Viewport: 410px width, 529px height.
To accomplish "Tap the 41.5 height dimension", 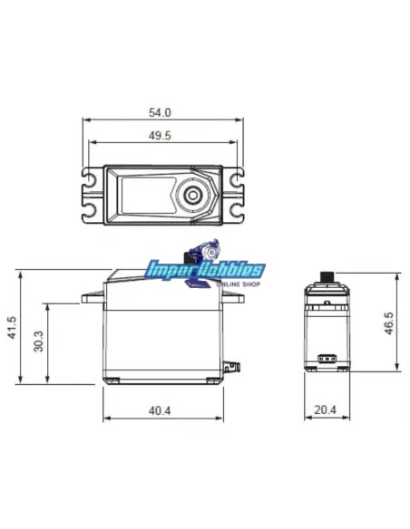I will click(12, 326).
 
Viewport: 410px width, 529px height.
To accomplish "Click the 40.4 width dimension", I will click(160, 411).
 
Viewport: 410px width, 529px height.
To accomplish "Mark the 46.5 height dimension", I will click(389, 322).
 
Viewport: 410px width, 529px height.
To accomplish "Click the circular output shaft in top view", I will click(192, 195).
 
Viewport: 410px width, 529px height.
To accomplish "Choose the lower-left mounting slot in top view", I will click(91, 212).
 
